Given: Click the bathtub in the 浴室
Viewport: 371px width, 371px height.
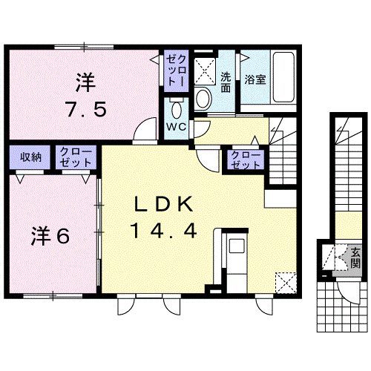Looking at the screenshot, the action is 283,77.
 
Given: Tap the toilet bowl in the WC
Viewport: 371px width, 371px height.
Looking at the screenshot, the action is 176,111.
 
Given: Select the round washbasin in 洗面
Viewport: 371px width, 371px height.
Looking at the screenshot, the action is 203,98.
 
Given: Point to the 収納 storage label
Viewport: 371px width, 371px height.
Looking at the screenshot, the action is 30,157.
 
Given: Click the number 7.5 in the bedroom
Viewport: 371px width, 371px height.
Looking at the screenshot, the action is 85,109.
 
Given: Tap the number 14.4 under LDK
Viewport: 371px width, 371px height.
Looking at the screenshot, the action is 165,231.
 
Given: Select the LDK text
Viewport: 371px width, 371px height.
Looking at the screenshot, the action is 164,204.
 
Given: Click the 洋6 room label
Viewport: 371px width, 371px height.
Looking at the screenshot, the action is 50,237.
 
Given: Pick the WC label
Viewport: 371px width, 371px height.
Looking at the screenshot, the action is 176,127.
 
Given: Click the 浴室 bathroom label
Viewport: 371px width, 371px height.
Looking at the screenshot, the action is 255,79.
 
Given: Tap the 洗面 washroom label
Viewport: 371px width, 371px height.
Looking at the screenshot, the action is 226,82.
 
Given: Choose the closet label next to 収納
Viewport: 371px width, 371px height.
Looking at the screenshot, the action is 76,157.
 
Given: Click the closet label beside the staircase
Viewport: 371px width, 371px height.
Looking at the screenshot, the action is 246,160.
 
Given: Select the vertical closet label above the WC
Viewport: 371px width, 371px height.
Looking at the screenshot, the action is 176,70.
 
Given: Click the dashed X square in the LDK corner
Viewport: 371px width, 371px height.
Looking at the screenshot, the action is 286,283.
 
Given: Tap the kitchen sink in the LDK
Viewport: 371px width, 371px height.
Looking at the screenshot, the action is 237,246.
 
